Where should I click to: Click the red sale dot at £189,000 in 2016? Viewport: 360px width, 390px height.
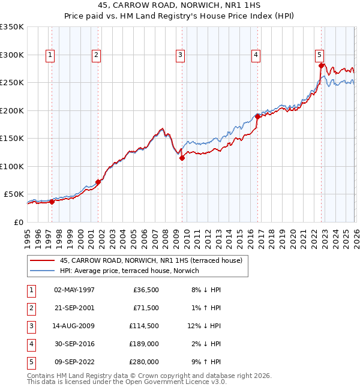(257, 117)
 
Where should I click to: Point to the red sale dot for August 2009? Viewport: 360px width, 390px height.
(182, 158)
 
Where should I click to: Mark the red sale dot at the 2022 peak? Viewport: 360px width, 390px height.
(321, 66)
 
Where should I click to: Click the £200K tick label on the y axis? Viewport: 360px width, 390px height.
(12, 110)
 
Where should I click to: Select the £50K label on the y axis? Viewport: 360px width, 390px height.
(14, 194)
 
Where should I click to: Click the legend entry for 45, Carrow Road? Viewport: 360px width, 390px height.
(150, 261)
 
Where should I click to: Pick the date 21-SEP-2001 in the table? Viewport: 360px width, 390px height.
(74, 307)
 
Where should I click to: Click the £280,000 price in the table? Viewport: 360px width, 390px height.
(144, 362)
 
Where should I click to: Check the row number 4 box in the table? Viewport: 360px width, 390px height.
(31, 344)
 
